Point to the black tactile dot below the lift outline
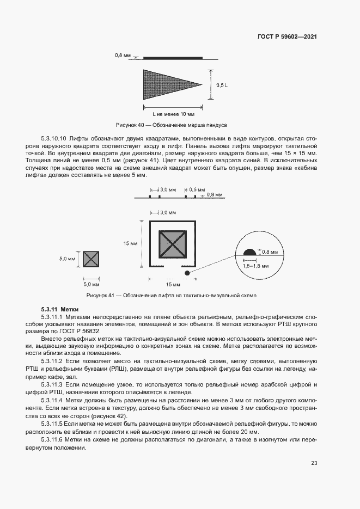tap(187, 272)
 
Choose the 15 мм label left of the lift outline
tap(130, 243)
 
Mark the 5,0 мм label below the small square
tap(91, 284)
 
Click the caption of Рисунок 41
tap(172, 295)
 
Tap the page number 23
tap(314, 463)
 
